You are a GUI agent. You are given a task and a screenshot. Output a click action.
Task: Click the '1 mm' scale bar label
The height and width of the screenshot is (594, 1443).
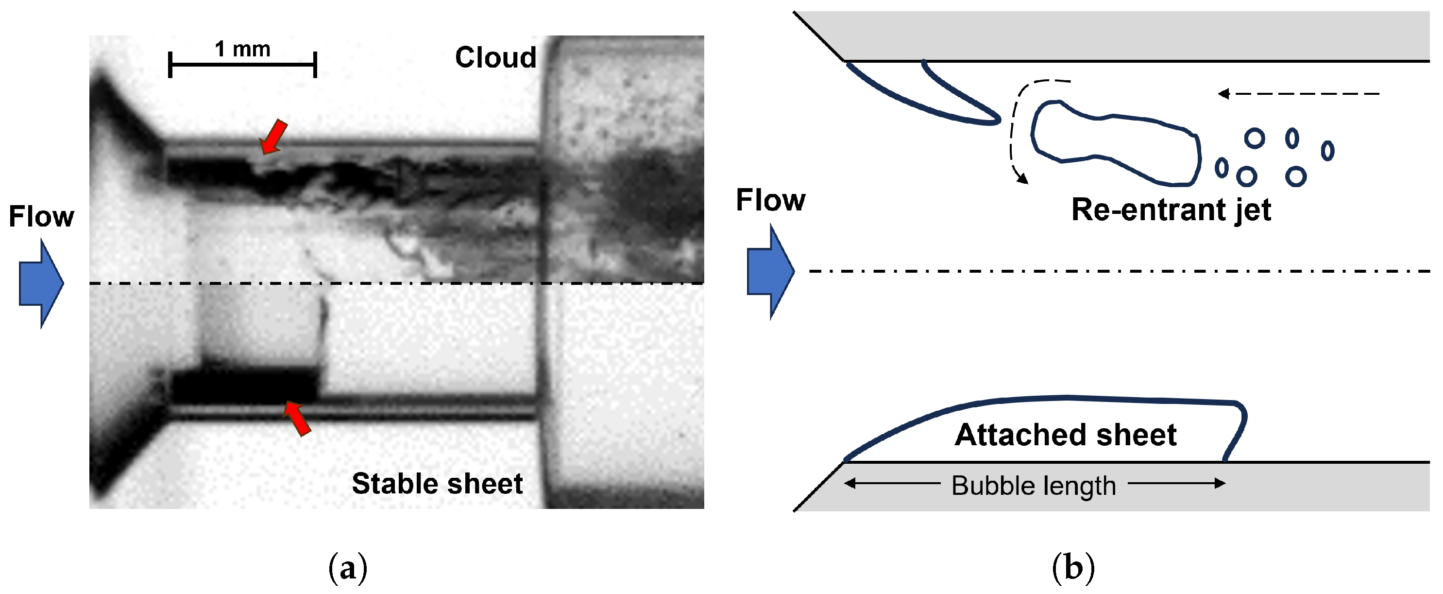(242, 49)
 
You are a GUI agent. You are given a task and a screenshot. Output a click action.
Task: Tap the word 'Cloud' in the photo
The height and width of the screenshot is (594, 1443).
(495, 57)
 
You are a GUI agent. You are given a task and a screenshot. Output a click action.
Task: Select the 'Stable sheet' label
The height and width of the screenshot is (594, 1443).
(437, 483)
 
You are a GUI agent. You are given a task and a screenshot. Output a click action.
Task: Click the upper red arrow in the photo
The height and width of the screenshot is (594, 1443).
(274, 136)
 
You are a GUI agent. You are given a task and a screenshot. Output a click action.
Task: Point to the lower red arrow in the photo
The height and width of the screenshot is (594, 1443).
(297, 418)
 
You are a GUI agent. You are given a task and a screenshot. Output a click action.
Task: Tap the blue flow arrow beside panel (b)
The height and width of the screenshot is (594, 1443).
(770, 271)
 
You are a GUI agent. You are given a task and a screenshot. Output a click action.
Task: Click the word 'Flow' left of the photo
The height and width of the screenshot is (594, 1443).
(41, 216)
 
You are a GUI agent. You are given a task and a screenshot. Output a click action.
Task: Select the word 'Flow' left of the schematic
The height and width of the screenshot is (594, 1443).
(770, 200)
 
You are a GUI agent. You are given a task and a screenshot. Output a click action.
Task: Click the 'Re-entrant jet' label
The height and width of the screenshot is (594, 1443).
(1171, 210)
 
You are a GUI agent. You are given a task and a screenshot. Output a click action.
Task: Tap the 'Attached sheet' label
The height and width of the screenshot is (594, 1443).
(1066, 435)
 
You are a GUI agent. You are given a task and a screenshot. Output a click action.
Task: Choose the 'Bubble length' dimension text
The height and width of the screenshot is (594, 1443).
(1034, 485)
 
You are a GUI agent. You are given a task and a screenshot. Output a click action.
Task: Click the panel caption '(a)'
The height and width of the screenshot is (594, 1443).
(348, 568)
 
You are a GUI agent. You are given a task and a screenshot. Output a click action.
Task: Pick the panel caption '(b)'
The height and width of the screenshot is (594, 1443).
(1073, 568)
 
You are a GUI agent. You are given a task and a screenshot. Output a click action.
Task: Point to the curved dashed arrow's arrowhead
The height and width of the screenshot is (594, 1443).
(1023, 179)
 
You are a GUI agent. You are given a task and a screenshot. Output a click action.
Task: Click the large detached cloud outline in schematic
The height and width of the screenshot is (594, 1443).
(1115, 143)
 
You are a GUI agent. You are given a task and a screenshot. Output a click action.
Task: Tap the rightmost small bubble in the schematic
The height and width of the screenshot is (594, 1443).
(1327, 150)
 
